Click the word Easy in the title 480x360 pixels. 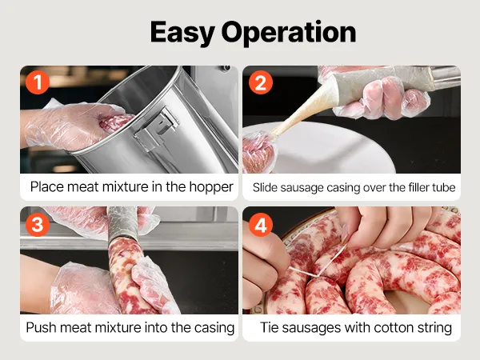tap(182, 33)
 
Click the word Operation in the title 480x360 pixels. tap(289, 33)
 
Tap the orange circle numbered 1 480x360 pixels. tap(38, 82)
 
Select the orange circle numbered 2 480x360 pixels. tap(261, 82)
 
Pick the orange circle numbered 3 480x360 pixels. tap(38, 224)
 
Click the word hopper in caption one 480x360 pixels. tap(211, 187)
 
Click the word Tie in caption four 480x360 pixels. tap(269, 327)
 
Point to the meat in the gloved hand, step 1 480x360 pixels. tap(115, 122)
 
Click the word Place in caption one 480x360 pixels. tap(47, 186)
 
